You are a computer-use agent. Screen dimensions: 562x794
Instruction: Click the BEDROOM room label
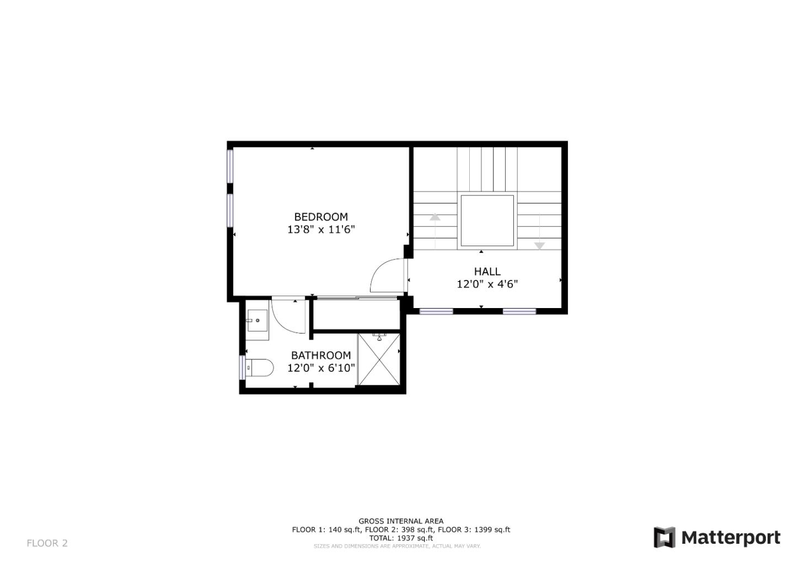coord(321,217)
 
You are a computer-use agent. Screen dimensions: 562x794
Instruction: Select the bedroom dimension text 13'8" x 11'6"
coord(321,230)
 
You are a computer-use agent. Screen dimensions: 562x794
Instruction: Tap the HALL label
coord(487,272)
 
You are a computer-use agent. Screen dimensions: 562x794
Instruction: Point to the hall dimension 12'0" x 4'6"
coord(487,284)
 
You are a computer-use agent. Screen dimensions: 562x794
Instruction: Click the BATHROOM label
coord(321,356)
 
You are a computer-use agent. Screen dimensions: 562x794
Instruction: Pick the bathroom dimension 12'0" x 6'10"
coord(321,368)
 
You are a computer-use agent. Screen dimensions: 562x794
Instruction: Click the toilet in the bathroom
coord(260,368)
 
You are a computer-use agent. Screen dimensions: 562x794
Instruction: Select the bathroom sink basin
coord(257,320)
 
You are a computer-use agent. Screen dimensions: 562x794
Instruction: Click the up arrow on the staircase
coord(435,218)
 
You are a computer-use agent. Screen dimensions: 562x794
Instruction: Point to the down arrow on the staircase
coord(539,245)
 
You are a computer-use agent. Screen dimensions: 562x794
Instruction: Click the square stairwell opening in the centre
coord(487,220)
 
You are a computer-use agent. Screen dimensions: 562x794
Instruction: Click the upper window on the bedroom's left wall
coord(230,166)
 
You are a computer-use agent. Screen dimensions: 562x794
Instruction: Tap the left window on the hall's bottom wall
coord(436,312)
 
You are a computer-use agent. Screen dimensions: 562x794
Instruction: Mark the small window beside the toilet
coord(242,368)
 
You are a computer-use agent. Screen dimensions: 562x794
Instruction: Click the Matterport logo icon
coord(664,538)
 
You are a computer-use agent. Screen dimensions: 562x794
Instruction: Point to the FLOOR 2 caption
coord(47,543)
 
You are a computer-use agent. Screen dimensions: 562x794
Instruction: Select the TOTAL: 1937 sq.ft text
coord(401,538)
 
